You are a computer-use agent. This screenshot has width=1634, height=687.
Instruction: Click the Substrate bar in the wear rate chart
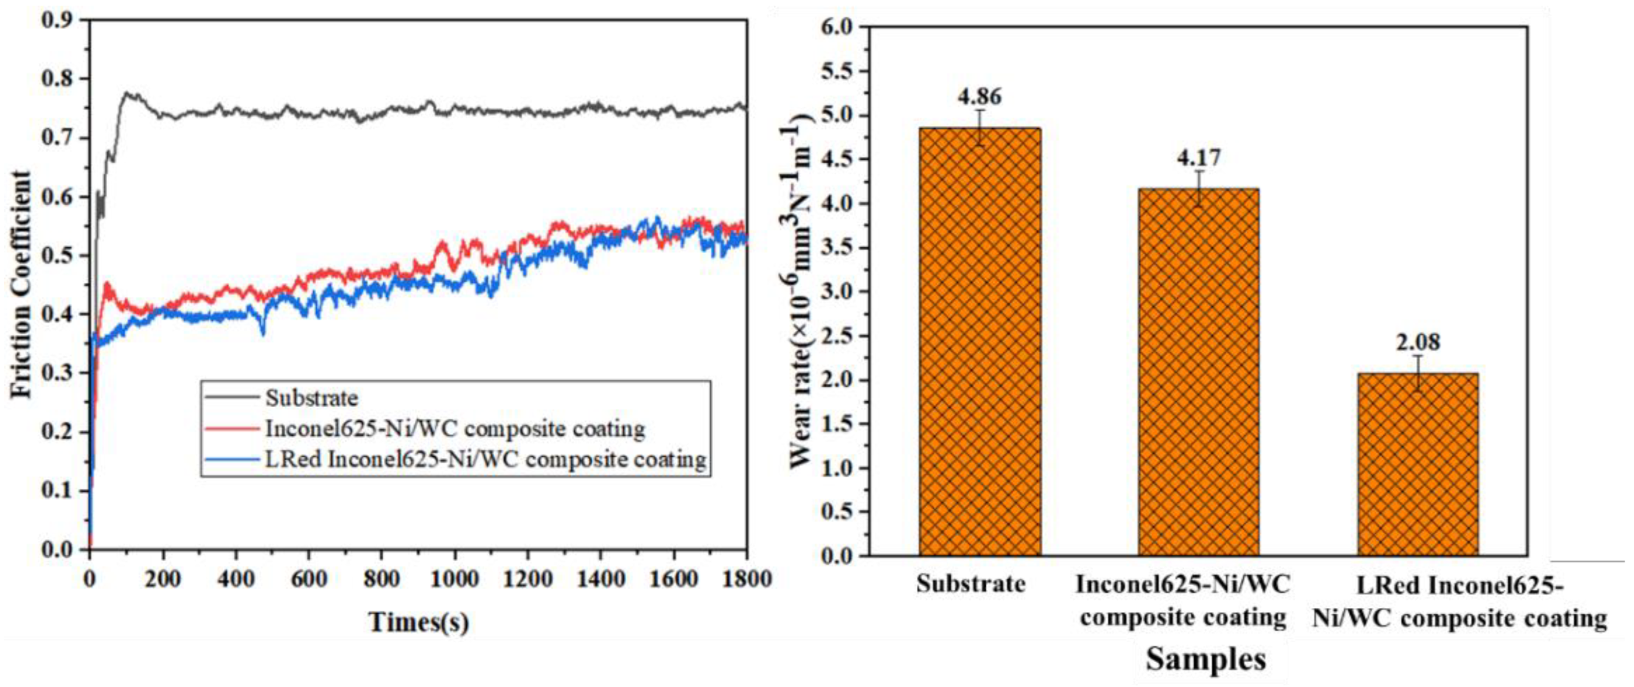979,343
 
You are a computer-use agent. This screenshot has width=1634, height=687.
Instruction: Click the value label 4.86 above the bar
980,97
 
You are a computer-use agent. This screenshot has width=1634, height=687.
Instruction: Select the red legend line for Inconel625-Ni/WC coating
232,429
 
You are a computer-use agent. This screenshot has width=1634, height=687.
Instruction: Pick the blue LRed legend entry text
485,459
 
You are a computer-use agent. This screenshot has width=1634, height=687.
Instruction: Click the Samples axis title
1205,659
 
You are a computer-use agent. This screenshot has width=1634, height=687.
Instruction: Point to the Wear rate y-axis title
802,292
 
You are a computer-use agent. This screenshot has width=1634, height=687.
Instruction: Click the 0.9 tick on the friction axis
59,20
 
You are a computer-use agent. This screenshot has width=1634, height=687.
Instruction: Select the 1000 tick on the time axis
454,579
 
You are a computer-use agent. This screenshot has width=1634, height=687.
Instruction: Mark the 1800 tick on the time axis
746,579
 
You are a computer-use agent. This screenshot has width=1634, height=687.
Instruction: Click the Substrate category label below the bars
970,584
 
